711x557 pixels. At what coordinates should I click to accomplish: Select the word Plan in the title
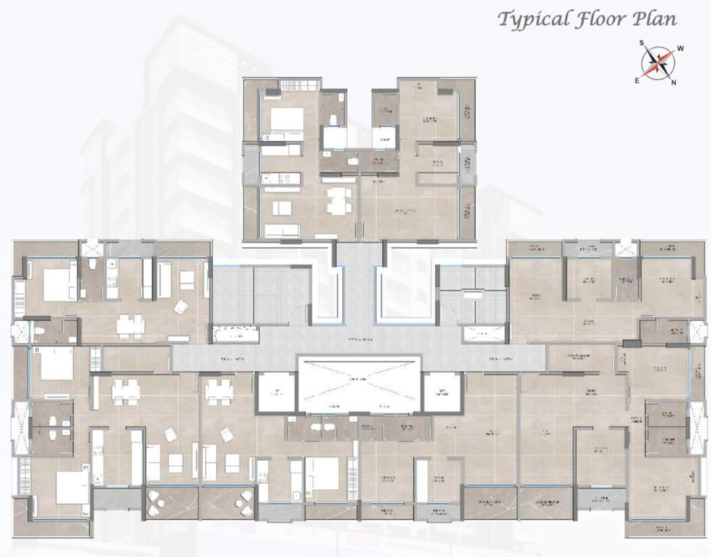click(x=655, y=19)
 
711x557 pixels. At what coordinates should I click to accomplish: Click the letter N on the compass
click(x=674, y=82)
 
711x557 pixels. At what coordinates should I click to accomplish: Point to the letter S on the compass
click(x=641, y=43)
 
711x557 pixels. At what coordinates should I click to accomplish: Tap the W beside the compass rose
click(x=680, y=49)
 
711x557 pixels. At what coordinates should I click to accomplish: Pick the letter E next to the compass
click(x=637, y=80)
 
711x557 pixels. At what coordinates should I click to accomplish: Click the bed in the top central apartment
click(x=287, y=120)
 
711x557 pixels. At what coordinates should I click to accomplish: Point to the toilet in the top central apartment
click(x=333, y=120)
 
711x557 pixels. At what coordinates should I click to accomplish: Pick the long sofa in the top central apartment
click(x=282, y=231)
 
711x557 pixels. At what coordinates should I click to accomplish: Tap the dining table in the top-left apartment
click(x=130, y=324)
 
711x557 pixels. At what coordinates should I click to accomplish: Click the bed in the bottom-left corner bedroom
click(x=70, y=487)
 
